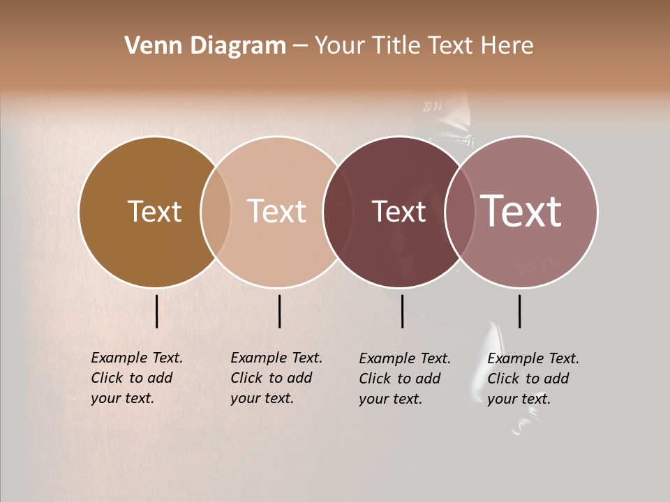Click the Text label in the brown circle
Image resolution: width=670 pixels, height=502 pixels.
[154, 211]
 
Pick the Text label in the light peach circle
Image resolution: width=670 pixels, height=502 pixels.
[276, 211]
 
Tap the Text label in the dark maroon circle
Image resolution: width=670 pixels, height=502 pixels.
[399, 211]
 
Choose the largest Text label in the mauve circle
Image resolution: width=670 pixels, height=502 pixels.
[521, 211]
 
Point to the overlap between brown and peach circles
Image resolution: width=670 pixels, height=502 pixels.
[216, 211]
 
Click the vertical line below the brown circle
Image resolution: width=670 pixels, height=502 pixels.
[156, 311]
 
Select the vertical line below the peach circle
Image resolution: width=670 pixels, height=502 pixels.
[279, 311]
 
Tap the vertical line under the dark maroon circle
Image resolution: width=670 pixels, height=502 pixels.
[402, 311]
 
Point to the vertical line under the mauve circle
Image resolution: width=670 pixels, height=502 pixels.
[519, 311]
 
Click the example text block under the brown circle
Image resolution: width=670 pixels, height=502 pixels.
[137, 378]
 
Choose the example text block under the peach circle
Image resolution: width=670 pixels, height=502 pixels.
[276, 378]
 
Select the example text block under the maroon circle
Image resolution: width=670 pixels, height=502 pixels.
[405, 379]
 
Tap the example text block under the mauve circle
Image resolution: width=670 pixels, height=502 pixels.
[533, 379]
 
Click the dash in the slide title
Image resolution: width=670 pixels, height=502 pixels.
[300, 46]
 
